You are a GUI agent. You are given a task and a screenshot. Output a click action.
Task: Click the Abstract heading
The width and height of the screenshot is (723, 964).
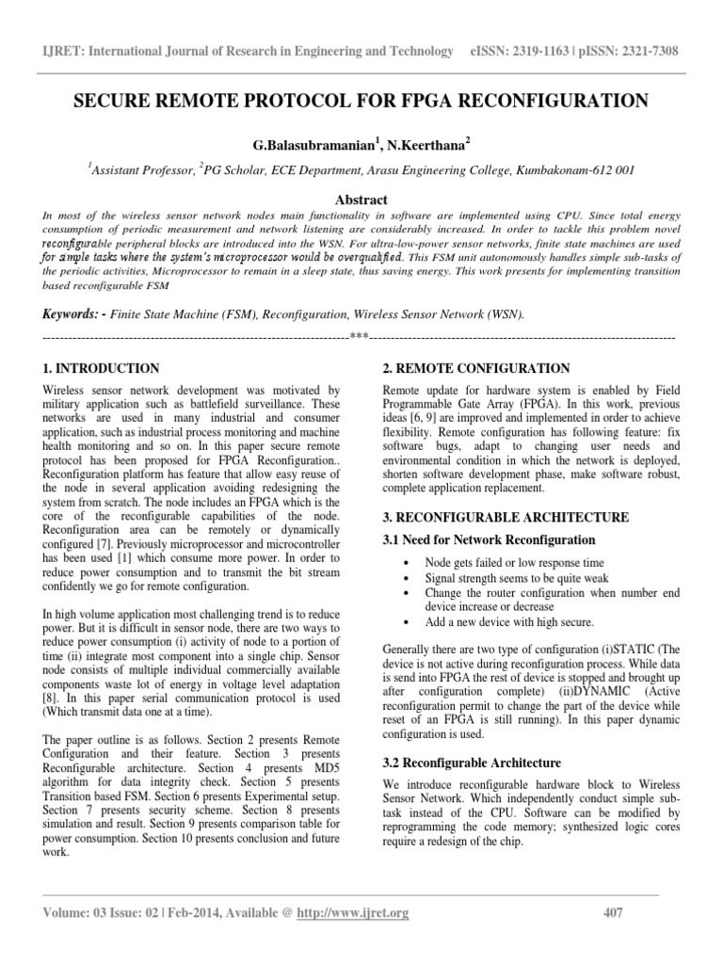(361, 201)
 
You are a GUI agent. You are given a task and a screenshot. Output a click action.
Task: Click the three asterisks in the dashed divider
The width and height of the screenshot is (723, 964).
(358, 337)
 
